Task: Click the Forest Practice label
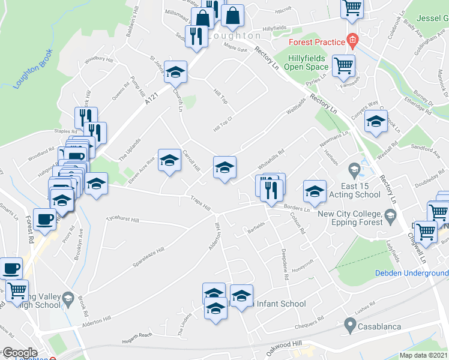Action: pyautogui.click(x=316, y=42)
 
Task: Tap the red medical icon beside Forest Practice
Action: pyautogui.click(x=352, y=41)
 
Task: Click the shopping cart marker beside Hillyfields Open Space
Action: pyautogui.click(x=343, y=65)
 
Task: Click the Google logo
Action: pyautogui.click(x=20, y=353)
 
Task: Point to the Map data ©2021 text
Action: pyautogui.click(x=424, y=355)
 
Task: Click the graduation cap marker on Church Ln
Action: pyautogui.click(x=175, y=73)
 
